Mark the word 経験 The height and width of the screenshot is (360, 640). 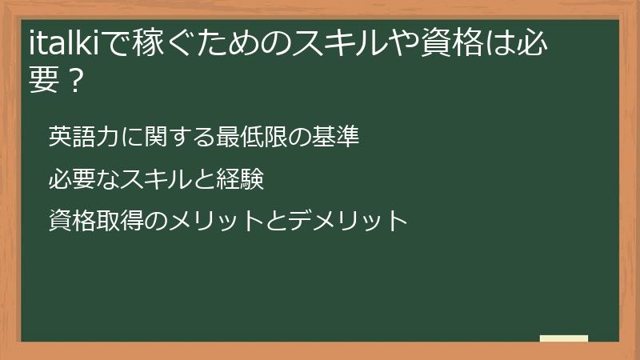240,179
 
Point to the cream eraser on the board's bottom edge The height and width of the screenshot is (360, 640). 563,338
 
